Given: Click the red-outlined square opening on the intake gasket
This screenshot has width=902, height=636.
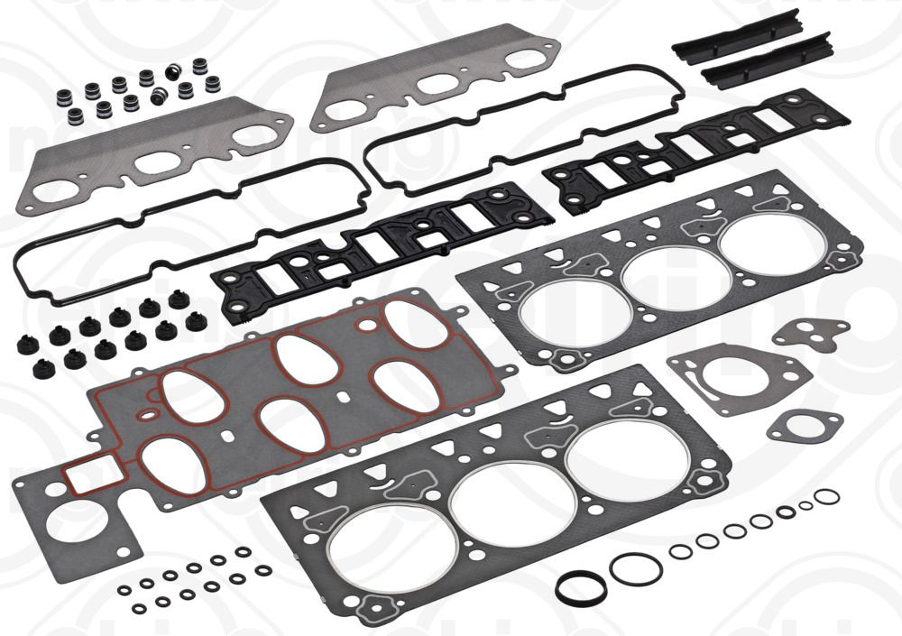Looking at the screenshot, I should (x=87, y=475).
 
